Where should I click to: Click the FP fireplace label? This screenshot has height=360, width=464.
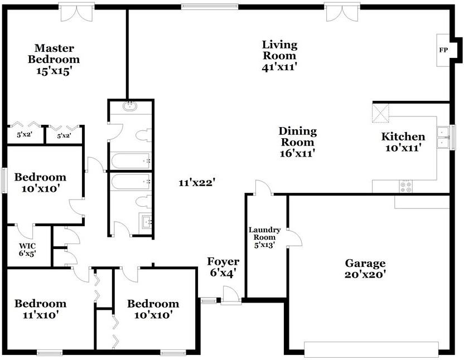[443, 50]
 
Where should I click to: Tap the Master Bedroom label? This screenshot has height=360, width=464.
[54, 53]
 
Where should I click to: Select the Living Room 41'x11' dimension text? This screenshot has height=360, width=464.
[279, 67]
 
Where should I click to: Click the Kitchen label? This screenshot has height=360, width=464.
[403, 137]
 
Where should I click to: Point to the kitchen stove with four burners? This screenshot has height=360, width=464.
[405, 186]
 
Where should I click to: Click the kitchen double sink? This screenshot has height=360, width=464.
[443, 137]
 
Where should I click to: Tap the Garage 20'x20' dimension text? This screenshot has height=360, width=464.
[365, 275]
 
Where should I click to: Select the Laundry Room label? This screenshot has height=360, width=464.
[264, 233]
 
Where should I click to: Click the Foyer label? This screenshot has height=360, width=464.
[223, 261]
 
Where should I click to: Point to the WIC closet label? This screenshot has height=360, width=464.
[27, 246]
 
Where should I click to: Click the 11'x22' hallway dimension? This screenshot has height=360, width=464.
[196, 183]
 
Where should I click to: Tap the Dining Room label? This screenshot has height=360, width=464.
[298, 137]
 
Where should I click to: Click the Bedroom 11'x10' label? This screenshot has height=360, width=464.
[40, 309]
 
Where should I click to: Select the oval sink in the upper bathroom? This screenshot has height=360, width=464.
[130, 106]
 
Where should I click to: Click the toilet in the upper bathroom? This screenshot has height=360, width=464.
[144, 135]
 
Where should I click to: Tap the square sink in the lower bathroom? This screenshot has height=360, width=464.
[147, 221]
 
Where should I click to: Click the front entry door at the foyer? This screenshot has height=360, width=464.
[230, 295]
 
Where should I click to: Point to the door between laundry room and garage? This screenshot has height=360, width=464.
[294, 239]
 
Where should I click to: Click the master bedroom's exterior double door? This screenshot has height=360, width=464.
[76, 12]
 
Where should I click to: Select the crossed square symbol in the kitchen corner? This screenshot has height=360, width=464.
[380, 113]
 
